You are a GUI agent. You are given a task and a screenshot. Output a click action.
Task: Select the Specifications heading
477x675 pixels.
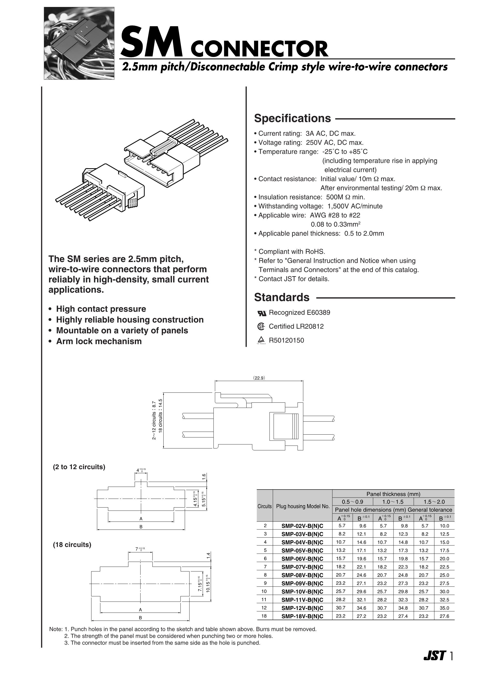pyautogui.click(x=292, y=119)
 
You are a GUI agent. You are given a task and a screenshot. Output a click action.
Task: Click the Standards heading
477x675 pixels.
pyautogui.click(x=281, y=298)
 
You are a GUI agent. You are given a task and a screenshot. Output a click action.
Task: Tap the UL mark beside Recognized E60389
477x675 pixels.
pyautogui.click(x=262, y=313)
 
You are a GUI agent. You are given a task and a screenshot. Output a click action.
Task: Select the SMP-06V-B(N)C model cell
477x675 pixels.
pyautogui.click(x=302, y=559)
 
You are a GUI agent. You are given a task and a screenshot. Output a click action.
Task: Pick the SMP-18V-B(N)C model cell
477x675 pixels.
pyautogui.click(x=302, y=617)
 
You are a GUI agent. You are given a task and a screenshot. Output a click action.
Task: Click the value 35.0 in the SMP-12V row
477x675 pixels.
pyautogui.click(x=444, y=608)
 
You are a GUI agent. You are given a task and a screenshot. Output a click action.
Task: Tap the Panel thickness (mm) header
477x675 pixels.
pyautogui.click(x=393, y=494)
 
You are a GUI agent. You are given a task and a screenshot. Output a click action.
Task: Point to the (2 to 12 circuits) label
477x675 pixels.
pyautogui.click(x=79, y=467)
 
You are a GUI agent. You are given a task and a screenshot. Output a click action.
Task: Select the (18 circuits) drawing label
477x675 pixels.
pyautogui.click(x=72, y=545)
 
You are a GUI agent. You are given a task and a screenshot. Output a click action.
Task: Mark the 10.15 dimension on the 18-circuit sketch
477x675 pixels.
pyautogui.click(x=208, y=584)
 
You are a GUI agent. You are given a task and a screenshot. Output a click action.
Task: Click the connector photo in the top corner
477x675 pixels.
pyautogui.click(x=79, y=43)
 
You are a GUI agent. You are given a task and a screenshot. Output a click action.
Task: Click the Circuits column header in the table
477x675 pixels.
pyautogui.click(x=264, y=506)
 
